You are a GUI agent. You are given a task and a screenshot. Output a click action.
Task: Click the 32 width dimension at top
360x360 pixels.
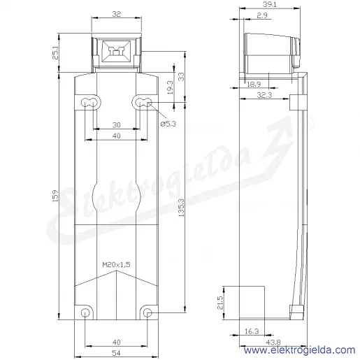(117, 14)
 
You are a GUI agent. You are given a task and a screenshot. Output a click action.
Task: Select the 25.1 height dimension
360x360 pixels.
(56, 53)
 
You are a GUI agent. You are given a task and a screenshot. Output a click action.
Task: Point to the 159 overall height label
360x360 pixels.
(55, 196)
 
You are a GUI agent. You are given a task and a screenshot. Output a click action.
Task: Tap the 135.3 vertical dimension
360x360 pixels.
(181, 208)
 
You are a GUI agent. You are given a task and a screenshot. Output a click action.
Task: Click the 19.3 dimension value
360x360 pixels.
(171, 87)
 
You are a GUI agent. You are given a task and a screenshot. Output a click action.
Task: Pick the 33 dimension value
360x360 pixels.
(181, 77)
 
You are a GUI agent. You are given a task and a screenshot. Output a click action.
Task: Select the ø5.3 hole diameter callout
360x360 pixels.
(168, 124)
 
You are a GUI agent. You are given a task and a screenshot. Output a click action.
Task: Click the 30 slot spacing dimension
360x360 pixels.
(117, 125)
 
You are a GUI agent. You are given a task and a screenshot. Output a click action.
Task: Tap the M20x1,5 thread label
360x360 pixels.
(116, 264)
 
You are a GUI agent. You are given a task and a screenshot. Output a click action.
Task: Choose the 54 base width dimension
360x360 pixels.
(116, 353)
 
